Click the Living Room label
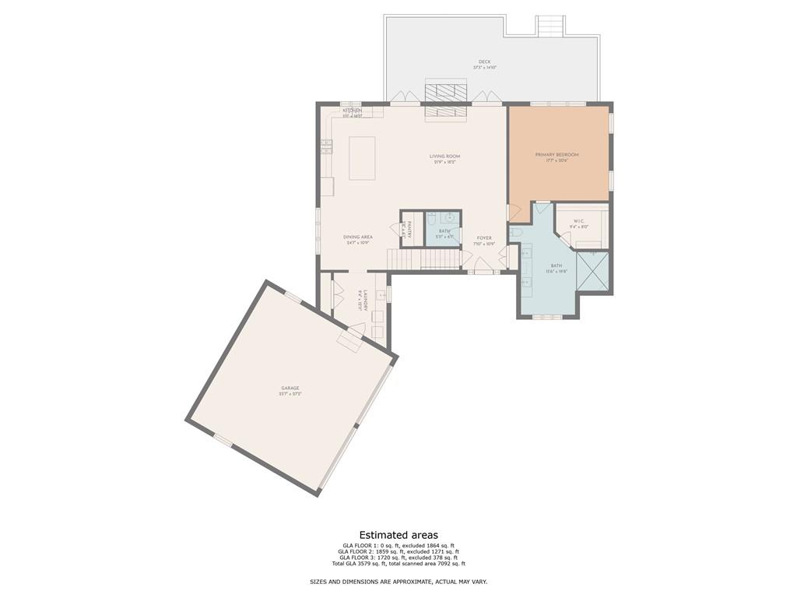[x=444, y=157]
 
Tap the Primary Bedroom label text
[x=556, y=155]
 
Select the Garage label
[x=290, y=388]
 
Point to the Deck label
[x=484, y=62]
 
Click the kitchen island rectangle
[x=362, y=158]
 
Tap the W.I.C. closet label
[x=579, y=221]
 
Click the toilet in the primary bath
[x=515, y=233]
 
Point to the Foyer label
[x=484, y=238]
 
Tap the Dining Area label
[x=358, y=237]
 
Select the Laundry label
[x=360, y=301]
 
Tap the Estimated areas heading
[x=398, y=535]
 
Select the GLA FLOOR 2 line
[x=398, y=551]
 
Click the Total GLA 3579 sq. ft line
[x=398, y=563]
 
